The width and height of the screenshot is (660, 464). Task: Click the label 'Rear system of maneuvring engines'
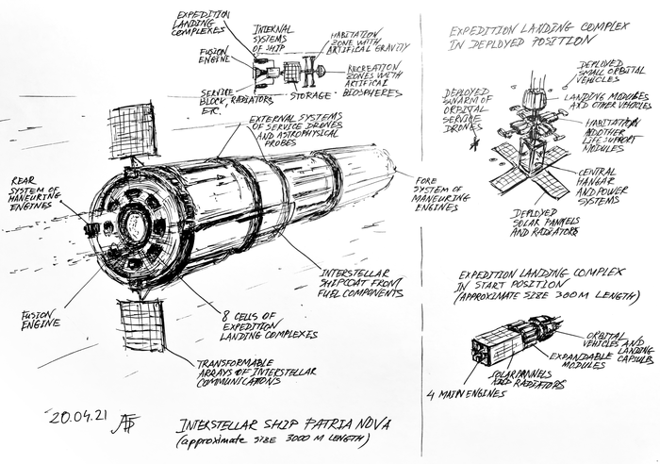click(x=38, y=193)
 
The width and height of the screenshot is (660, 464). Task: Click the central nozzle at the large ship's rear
click(x=133, y=224)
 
